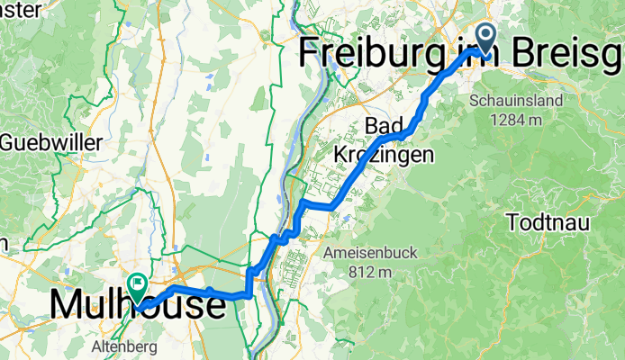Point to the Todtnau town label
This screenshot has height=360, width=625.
click(x=549, y=220)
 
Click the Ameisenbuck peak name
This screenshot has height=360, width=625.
click(x=371, y=253)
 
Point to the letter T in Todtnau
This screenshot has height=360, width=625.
click(x=514, y=220)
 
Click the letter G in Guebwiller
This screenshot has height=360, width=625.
click(x=10, y=142)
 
